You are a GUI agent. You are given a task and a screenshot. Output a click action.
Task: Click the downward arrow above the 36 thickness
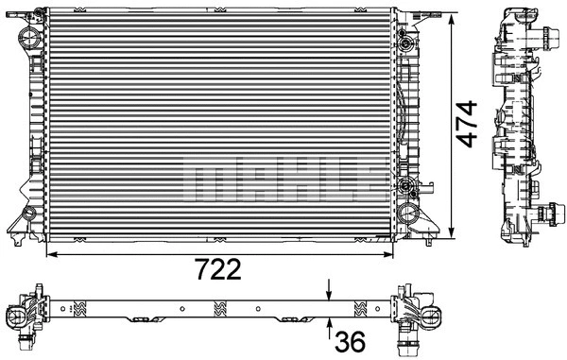pos(329,288)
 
